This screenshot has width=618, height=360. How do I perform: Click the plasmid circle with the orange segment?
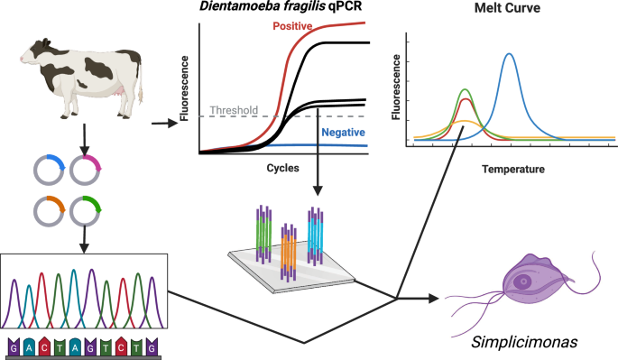(51, 213)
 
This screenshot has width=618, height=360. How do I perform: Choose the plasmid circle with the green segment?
(88, 213)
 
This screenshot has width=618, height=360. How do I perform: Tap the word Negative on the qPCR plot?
(344, 132)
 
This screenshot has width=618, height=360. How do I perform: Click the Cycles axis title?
(282, 168)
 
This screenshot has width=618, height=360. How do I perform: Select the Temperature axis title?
(512, 169)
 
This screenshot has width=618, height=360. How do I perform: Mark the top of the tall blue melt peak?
(510, 54)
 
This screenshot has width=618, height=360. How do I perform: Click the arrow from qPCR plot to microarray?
(317, 176)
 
